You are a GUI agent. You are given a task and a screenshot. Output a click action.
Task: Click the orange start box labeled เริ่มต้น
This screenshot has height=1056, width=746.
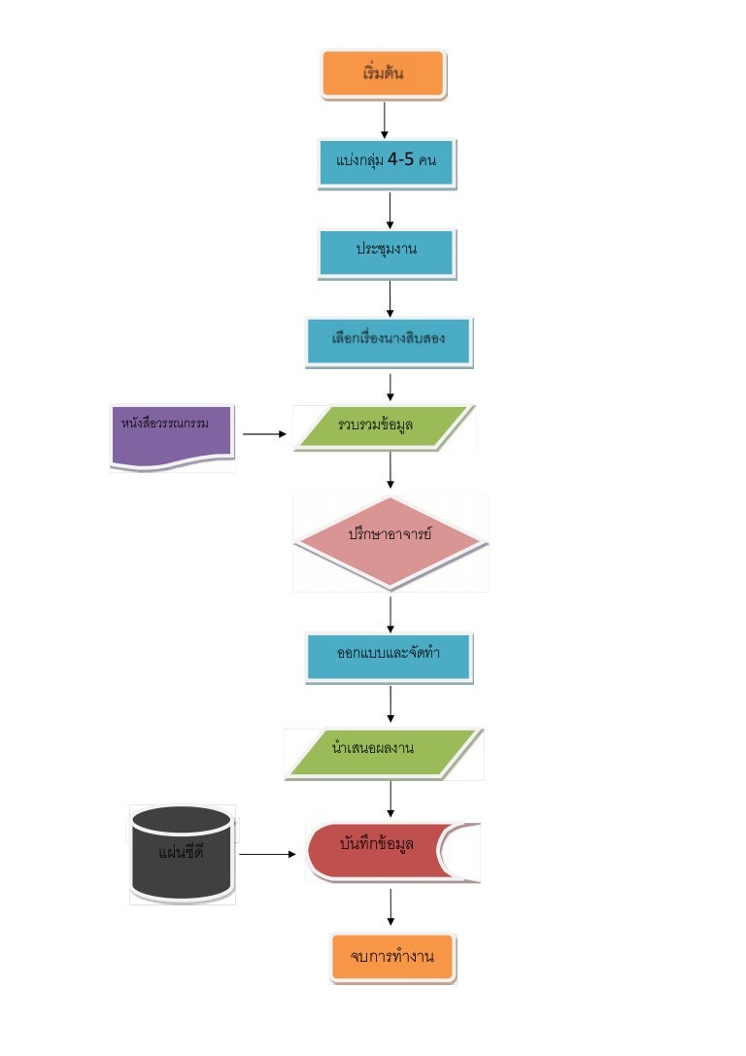pos(384,75)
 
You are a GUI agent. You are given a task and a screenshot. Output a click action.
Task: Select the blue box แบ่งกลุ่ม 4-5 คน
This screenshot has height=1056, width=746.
pos(386,162)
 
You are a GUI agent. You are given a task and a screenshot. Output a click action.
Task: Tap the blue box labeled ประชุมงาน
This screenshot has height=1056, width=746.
pos(386,253)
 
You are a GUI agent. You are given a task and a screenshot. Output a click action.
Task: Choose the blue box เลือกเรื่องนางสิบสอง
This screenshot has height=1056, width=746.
pos(389,342)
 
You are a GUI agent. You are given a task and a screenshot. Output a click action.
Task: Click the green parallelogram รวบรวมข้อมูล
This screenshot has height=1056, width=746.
pos(386,427)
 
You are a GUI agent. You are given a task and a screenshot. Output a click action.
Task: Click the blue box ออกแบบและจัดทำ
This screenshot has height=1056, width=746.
pos(389,657)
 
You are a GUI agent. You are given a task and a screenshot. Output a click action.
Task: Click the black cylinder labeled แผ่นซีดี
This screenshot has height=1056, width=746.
pos(182,854)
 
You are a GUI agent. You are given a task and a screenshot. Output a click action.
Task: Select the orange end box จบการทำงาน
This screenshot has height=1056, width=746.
pos(392,959)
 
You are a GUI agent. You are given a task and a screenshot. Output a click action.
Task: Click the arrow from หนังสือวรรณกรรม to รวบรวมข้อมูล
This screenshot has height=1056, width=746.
pos(263,435)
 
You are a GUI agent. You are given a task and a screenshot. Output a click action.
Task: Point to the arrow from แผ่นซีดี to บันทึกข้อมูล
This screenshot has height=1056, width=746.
pos(266,855)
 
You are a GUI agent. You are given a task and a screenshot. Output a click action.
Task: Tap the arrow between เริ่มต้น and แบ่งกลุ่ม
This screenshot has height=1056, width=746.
pos(385,119)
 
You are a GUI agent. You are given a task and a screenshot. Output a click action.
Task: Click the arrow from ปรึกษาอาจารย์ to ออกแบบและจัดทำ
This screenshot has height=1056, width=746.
pos(390,613)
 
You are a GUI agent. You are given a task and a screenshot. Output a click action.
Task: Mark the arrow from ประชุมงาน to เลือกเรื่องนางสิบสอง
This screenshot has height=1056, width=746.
pos(390,298)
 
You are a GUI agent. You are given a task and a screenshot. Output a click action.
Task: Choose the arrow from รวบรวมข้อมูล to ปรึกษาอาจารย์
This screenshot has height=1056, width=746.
pos(390,470)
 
